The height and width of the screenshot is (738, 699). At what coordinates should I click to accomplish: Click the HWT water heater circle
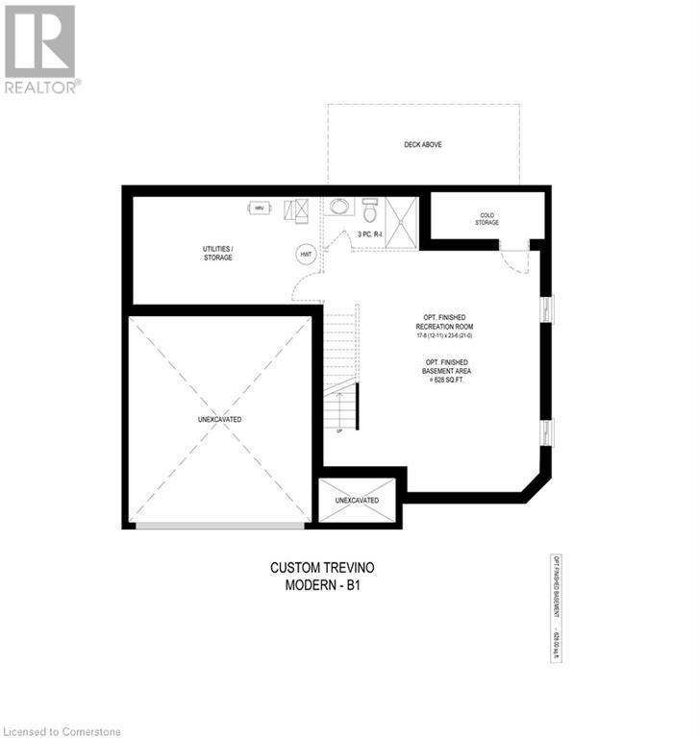(x=307, y=254)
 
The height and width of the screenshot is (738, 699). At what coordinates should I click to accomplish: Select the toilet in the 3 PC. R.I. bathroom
(x=370, y=210)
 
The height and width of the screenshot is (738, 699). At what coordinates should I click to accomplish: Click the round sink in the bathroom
(x=338, y=207)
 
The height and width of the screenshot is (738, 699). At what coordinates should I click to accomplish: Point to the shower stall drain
(x=402, y=221)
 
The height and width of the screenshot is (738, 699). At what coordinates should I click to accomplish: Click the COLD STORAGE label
(x=487, y=219)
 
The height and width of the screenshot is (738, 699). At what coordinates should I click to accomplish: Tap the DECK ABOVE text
(x=423, y=145)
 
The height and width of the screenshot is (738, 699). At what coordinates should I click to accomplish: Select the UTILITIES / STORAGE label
(x=217, y=253)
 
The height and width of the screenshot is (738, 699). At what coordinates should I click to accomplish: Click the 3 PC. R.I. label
(x=370, y=234)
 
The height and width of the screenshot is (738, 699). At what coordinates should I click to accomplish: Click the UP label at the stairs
(x=338, y=430)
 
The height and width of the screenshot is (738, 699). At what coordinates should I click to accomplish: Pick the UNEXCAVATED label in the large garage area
(x=220, y=420)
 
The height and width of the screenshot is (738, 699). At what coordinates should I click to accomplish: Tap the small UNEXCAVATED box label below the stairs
(x=357, y=501)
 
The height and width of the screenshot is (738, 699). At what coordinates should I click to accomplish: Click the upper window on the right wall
(x=548, y=308)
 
